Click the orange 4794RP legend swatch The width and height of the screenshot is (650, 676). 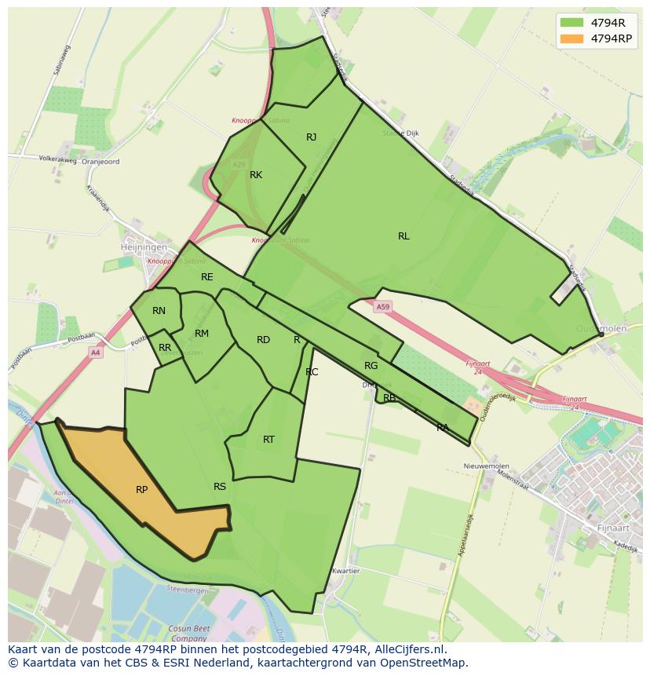(572, 38)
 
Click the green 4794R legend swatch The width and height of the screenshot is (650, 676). (572, 22)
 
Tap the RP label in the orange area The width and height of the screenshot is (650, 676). (141, 490)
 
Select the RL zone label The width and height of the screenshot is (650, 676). (404, 236)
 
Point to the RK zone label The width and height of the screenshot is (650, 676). (256, 175)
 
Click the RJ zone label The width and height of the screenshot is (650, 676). (311, 137)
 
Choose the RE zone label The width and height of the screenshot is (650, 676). (206, 277)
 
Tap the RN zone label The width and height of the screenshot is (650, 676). (159, 311)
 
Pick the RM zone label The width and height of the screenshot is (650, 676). (202, 334)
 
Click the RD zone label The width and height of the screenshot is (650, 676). (263, 340)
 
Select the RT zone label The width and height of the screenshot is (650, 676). (268, 440)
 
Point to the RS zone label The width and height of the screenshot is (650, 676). (220, 487)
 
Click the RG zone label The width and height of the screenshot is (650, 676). (371, 366)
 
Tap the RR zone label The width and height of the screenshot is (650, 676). (165, 348)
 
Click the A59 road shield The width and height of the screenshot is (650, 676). (382, 307)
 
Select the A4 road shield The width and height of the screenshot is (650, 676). (95, 353)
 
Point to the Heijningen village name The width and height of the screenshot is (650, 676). (144, 247)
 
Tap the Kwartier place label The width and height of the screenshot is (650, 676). (345, 571)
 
